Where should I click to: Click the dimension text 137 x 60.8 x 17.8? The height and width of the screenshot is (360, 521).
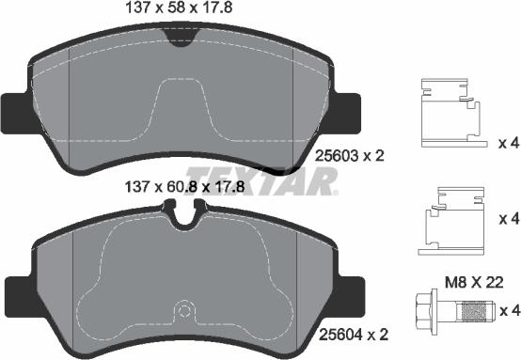(183, 186)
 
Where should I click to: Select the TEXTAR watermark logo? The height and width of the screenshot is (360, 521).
(261, 179)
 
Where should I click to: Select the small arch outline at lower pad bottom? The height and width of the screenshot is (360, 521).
(184, 310)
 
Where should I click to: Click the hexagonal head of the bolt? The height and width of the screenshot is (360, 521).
(422, 310)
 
